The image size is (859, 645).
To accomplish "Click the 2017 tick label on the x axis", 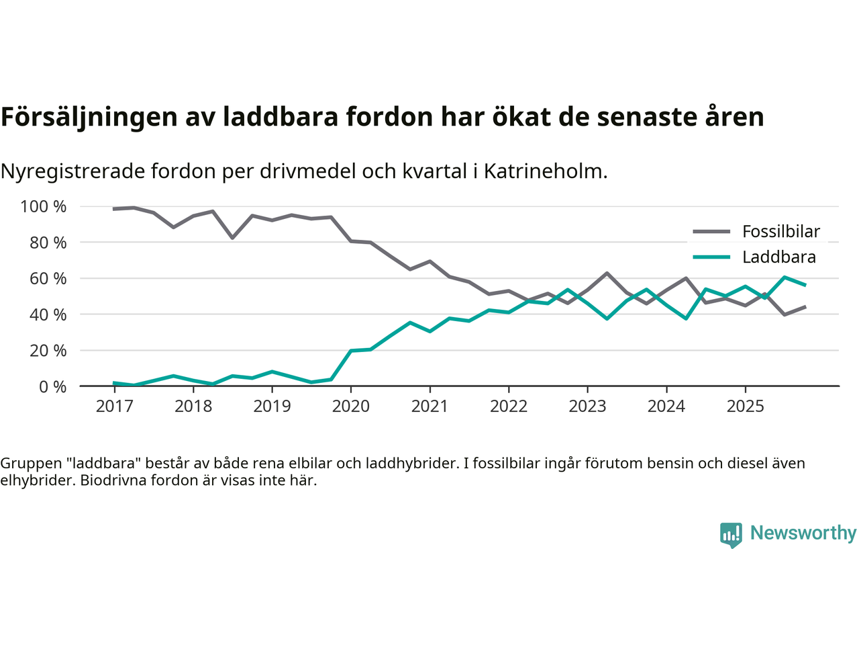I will tap(114, 406).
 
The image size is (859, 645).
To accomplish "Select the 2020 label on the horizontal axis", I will tap(351, 406).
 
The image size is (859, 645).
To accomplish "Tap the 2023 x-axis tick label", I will tap(587, 406).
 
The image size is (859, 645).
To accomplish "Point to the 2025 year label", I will tap(745, 406).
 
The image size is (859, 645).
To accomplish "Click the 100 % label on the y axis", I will tap(44, 207).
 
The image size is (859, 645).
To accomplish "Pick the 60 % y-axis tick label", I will tap(48, 279).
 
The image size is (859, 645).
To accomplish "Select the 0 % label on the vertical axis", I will tap(52, 387).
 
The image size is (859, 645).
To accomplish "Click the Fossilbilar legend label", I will tap(781, 232).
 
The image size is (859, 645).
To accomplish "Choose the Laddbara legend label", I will tap(779, 257).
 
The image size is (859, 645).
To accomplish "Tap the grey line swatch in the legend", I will tap(711, 232).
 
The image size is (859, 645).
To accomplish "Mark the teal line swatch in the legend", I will tap(711, 257).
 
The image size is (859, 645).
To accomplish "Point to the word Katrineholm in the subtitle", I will tap(544, 171).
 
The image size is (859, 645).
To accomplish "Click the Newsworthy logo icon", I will tap(731, 535).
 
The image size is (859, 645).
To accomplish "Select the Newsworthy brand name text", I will tap(803, 533).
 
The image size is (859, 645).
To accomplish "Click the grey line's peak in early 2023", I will tap(607, 273).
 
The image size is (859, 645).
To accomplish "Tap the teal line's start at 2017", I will tap(114, 383).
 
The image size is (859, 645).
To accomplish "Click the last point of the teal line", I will tap(805, 285).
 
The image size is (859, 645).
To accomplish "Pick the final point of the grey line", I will tap(805, 306).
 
